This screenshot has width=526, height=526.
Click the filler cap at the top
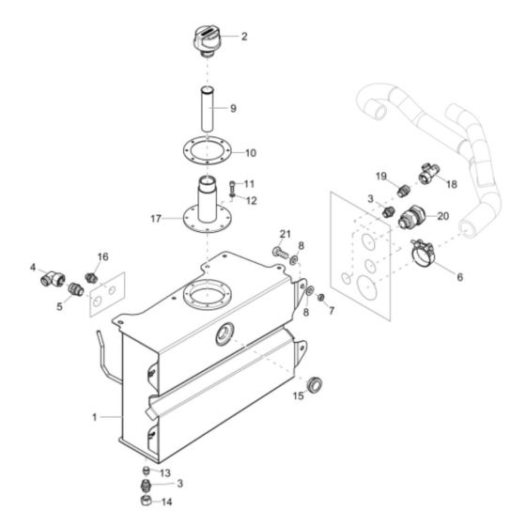(207, 40)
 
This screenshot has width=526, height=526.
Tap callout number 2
(244, 37)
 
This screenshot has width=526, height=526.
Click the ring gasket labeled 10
(208, 151)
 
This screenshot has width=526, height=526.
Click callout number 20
(442, 215)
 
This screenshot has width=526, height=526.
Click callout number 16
(103, 255)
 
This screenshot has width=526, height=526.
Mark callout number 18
(452, 184)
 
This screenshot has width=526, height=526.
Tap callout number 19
(381, 177)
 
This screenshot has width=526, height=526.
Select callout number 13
(165, 472)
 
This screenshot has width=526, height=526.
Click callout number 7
(332, 310)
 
